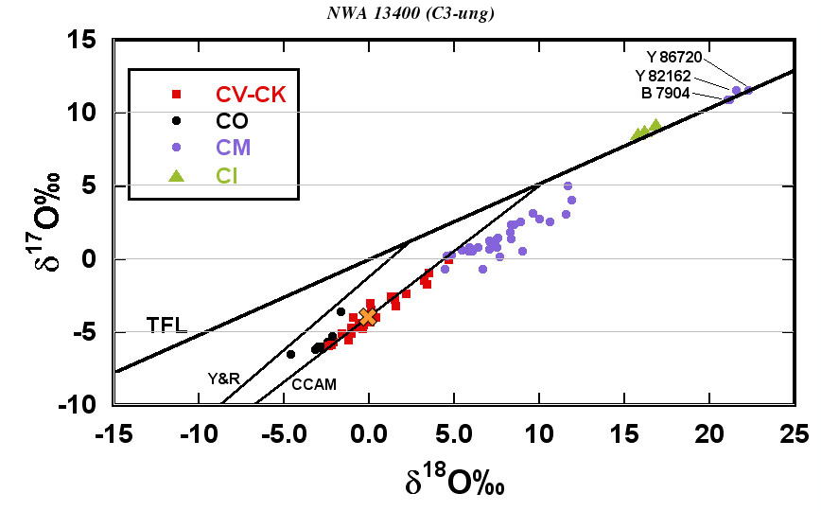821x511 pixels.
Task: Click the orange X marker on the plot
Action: click(x=368, y=316)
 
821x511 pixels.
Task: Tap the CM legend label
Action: click(x=233, y=148)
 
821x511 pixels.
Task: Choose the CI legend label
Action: click(x=228, y=175)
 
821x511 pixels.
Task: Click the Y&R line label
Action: click(x=223, y=379)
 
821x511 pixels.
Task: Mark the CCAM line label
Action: click(x=314, y=385)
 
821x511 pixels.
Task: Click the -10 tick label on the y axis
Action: click(x=80, y=405)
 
